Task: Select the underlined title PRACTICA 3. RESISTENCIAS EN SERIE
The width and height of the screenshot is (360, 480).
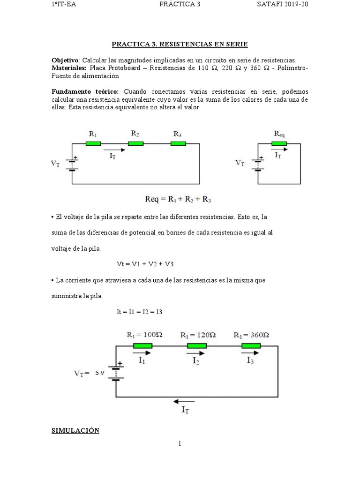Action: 180,45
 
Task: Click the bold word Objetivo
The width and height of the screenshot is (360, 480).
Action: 65,60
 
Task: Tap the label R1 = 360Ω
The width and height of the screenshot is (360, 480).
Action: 252,335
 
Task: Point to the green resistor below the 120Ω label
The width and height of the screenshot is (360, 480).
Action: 197,346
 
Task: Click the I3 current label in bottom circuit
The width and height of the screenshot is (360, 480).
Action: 251,361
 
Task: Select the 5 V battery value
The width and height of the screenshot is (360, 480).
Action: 99,373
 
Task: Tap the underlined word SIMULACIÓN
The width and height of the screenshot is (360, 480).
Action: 75,430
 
